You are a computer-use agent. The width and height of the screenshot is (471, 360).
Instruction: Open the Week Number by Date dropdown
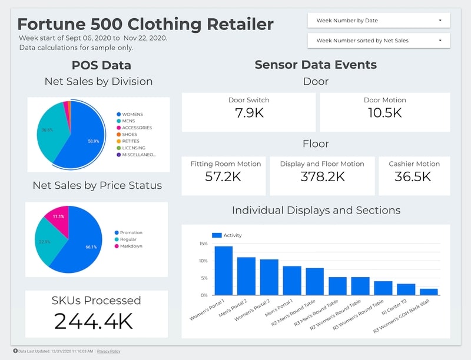point(379,21)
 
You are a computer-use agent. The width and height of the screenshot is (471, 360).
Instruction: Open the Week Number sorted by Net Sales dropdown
point(379,41)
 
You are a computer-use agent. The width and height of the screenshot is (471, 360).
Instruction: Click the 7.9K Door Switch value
point(248,112)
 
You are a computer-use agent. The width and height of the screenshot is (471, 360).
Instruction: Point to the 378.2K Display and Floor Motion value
point(321,176)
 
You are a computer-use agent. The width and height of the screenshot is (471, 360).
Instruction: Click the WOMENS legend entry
point(132,114)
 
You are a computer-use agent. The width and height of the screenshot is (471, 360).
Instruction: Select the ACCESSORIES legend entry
point(137,128)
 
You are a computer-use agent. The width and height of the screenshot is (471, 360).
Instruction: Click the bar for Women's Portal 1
point(223,271)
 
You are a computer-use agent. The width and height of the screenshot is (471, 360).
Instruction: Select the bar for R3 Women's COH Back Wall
point(429,292)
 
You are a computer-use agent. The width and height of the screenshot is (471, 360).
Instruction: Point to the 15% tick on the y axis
point(203,244)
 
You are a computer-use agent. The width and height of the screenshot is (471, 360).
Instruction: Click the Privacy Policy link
point(108,351)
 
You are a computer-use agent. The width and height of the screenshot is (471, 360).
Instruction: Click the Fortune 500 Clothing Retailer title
point(145,24)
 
